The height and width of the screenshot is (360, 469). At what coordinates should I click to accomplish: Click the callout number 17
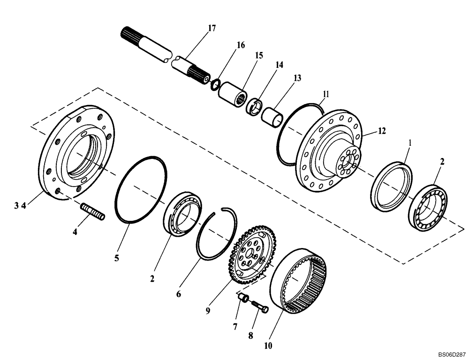[x=212, y=28]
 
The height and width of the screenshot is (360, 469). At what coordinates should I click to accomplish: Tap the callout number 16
[x=241, y=45]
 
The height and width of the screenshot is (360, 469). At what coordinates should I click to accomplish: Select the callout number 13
[x=297, y=78]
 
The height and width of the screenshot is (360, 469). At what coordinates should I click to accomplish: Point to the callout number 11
[x=325, y=94]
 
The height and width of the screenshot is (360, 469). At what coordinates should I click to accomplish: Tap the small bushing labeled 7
[x=242, y=298]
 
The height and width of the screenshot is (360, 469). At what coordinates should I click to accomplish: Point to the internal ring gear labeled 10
[x=300, y=281]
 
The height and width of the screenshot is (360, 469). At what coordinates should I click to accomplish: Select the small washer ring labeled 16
[x=215, y=85]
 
